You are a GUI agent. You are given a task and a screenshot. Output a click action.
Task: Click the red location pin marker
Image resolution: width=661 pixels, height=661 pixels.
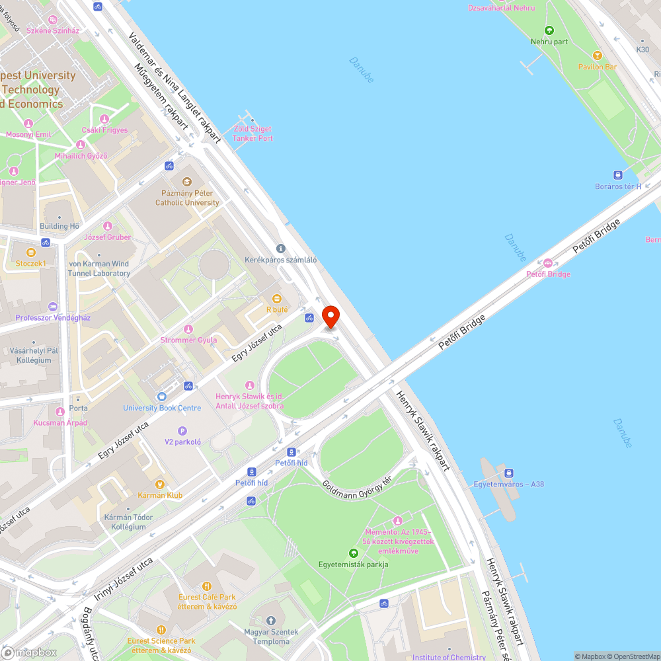pos(330,316)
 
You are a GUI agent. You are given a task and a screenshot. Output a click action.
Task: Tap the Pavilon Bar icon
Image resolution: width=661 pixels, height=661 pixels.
pos(598,56)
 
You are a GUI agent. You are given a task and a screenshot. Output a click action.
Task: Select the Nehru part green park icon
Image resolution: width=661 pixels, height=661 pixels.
pos(549,30)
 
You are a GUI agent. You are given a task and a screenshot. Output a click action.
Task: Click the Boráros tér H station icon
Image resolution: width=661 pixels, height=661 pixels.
pos(618,175)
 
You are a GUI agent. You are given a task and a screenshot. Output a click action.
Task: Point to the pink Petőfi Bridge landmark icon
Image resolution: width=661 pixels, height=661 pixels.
pos(548,263)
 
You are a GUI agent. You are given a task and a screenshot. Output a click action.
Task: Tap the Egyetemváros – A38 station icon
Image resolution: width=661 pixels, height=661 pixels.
pos(508,473)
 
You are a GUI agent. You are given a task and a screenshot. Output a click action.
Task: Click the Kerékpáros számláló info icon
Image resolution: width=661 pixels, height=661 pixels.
pos(280,249)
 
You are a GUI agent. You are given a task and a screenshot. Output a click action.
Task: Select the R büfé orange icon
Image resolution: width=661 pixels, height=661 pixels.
pos(277,298)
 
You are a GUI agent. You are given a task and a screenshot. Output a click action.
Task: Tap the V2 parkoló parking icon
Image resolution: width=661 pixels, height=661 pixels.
pos(182,430)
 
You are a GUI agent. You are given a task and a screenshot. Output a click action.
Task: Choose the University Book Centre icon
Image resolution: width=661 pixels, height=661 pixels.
pos(162,397)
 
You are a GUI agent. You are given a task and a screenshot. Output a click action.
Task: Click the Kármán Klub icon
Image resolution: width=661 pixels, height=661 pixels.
pos(160,484)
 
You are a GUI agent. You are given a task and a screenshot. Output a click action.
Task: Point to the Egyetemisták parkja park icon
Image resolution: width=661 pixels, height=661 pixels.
pos(353,553)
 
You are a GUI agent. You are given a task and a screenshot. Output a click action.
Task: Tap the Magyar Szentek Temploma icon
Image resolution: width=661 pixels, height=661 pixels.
pos(271,621)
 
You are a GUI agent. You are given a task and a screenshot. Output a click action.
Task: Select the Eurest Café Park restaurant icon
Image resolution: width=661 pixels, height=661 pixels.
pos(206,586)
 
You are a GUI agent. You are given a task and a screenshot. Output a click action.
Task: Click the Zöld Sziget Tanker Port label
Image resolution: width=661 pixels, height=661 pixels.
pos(253,134)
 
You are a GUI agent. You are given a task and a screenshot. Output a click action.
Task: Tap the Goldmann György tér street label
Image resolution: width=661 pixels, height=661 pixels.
pos(357,493)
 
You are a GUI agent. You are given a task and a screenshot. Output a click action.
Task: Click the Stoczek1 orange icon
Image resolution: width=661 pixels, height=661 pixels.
pos(30,252)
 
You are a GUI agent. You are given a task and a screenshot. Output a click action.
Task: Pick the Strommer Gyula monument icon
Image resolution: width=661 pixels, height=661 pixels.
pos(188,329)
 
